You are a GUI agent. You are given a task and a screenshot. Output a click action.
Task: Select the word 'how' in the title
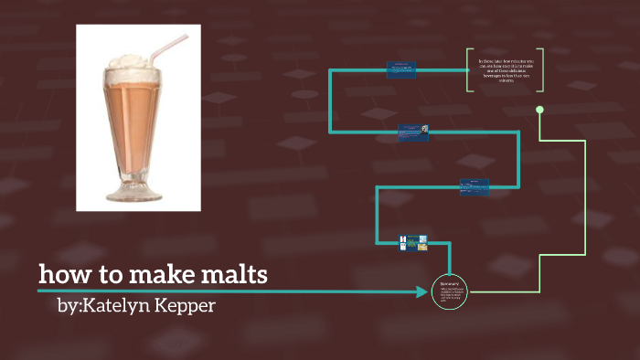coord(61,274)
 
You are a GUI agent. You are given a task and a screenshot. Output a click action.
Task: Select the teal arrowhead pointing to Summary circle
coord(422,291)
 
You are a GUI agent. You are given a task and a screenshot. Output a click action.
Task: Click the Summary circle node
coord(449,291)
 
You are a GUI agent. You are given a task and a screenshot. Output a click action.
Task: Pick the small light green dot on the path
coord(539,110)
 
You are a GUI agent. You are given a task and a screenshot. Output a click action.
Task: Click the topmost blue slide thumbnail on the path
coord(400,69)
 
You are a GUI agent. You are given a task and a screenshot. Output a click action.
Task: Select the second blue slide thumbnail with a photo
coord(413,133)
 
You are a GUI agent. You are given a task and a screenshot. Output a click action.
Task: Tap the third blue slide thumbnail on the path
coord(474,186)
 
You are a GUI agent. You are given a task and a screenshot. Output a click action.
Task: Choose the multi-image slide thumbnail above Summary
coord(414,243)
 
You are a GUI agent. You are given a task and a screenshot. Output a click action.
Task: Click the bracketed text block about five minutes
coord(505,70)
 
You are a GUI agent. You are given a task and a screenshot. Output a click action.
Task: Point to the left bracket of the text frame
coord(468,70)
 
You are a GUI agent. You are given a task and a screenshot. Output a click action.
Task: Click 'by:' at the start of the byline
coord(68,305)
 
